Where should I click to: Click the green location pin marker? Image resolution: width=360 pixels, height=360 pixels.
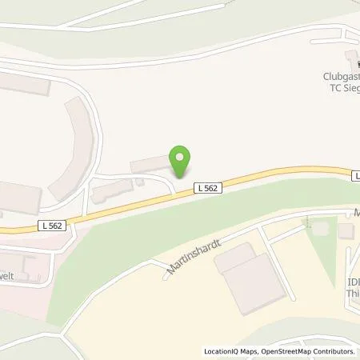coord(181,161)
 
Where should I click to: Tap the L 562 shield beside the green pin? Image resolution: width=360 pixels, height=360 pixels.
coord(207,187)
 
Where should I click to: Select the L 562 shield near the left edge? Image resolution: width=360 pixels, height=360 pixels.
coord(53,227)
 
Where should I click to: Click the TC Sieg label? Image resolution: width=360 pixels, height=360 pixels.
coord(339,90)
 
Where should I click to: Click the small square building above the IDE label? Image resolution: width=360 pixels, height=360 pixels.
coord(346,231)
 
